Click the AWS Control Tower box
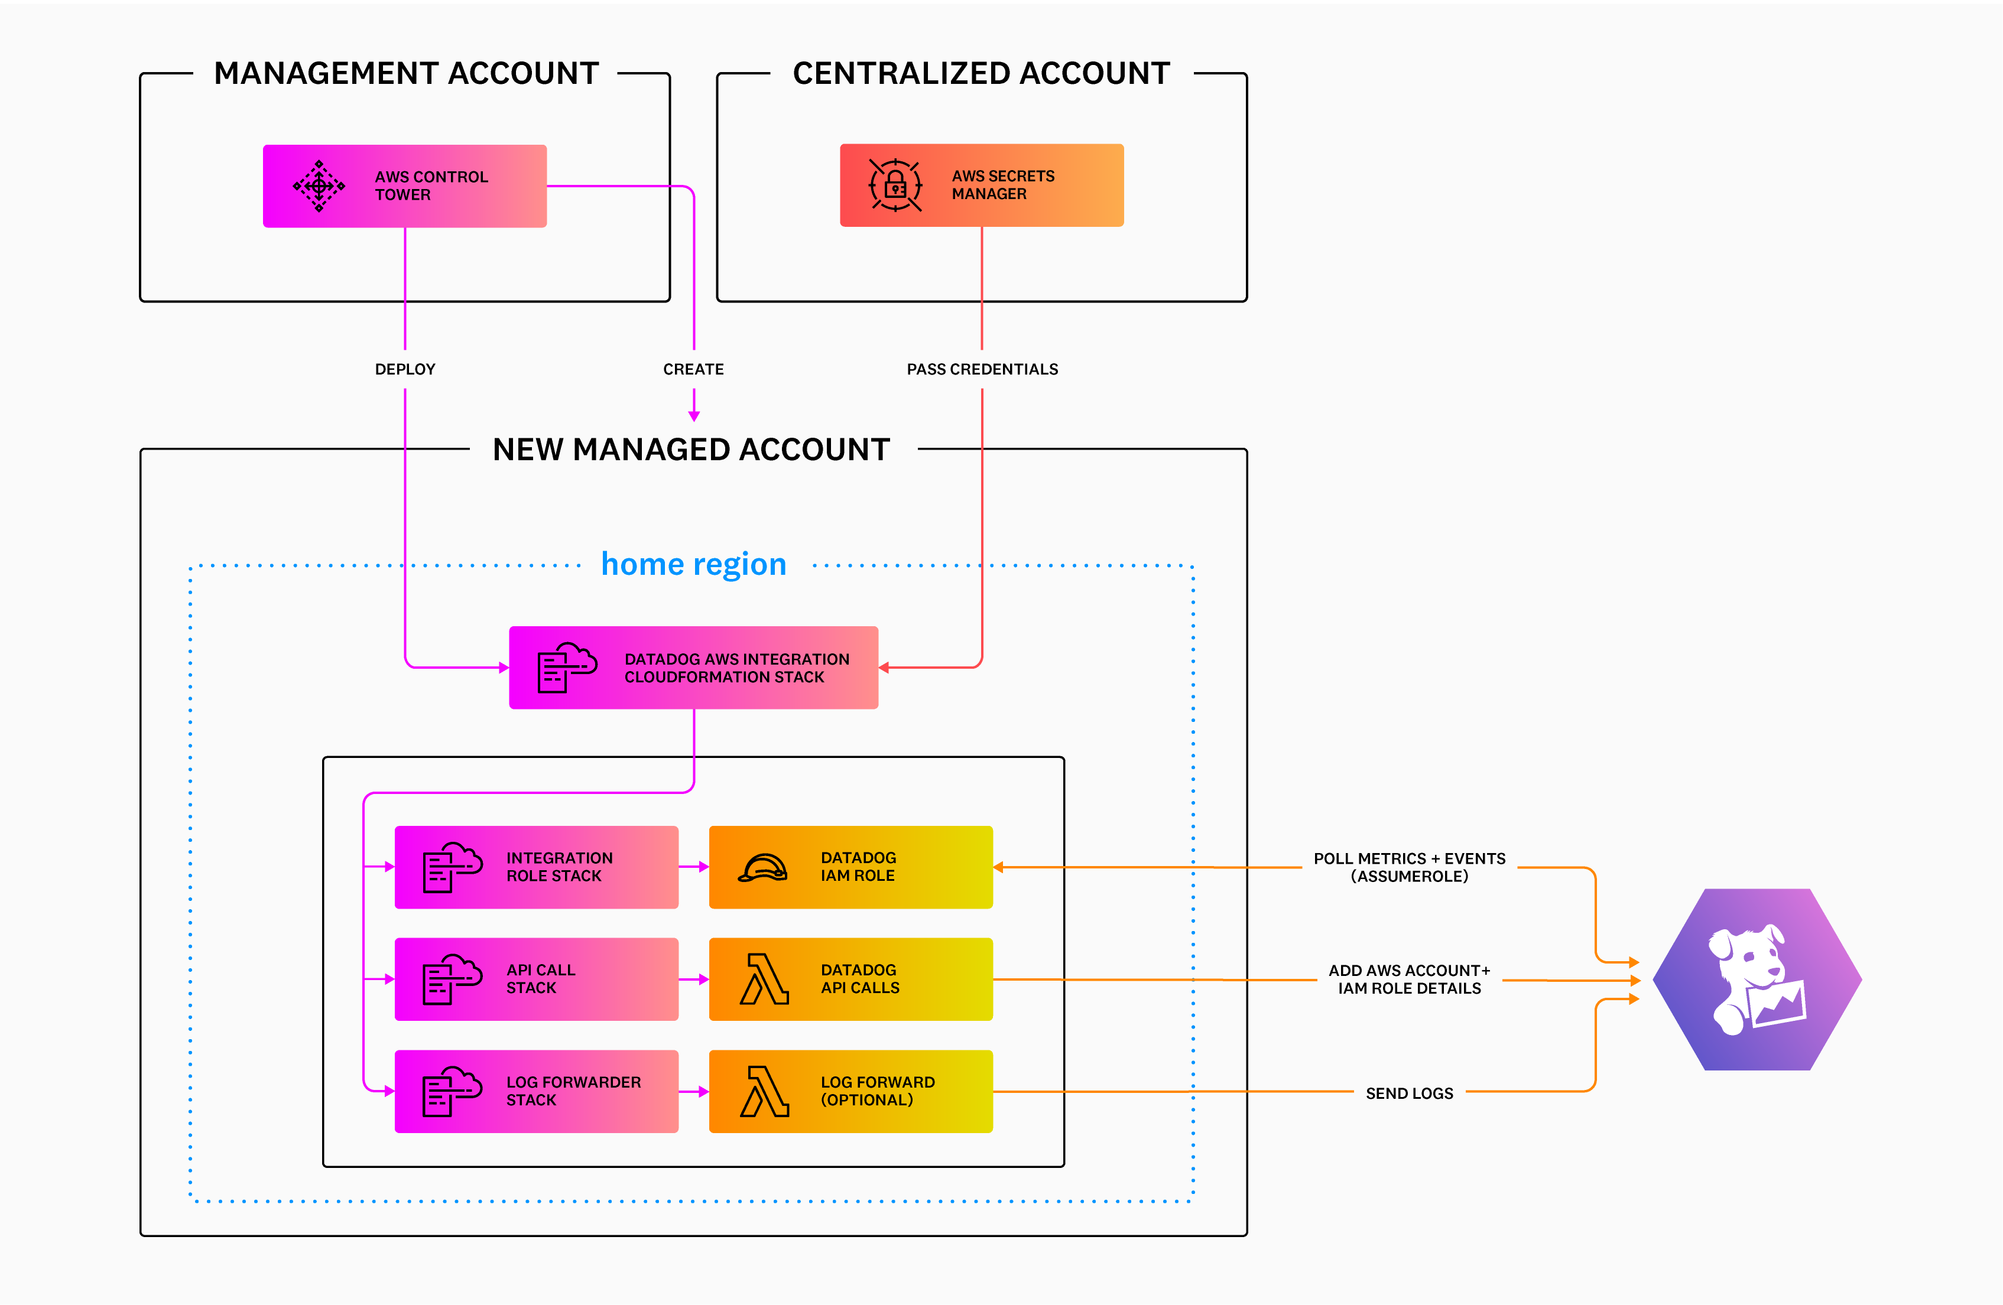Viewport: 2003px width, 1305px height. pyautogui.click(x=405, y=186)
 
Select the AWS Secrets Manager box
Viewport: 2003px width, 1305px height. pyautogui.click(x=981, y=185)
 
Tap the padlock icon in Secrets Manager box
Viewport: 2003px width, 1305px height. pyautogui.click(x=895, y=185)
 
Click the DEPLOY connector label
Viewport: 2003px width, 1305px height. pyautogui.click(x=405, y=369)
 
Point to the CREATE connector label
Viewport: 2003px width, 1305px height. pyautogui.click(x=693, y=369)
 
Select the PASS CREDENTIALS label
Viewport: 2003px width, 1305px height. pyautogui.click(x=982, y=369)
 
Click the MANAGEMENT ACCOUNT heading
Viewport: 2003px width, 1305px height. pyautogui.click(x=405, y=74)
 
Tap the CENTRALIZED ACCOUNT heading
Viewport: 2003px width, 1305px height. pyautogui.click(x=981, y=74)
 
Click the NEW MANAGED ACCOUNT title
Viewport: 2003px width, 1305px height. pyautogui.click(x=691, y=450)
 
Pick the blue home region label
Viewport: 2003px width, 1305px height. pyautogui.click(x=693, y=564)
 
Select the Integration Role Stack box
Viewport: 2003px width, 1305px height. pyautogui.click(x=536, y=867)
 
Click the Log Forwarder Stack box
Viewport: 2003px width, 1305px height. pyautogui.click(x=536, y=1091)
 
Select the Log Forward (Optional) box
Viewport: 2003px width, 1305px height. pyautogui.click(x=851, y=1091)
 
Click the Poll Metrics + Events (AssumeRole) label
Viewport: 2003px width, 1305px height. pyautogui.click(x=1409, y=867)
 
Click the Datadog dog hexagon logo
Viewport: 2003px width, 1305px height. pyautogui.click(x=1757, y=979)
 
